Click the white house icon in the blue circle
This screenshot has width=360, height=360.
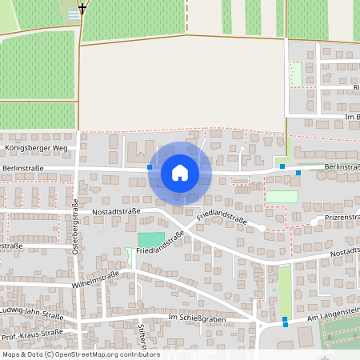tap(180, 173)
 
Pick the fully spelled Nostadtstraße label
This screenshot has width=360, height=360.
tap(116, 211)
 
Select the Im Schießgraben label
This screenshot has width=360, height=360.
tap(198, 318)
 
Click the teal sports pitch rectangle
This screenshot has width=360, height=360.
tap(150, 239)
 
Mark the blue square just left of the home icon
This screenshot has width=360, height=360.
tap(150, 167)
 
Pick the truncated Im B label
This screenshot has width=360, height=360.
tap(351, 118)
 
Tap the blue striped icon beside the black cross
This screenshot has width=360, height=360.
tap(74, 14)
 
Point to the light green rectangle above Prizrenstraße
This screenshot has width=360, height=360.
tap(282, 196)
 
